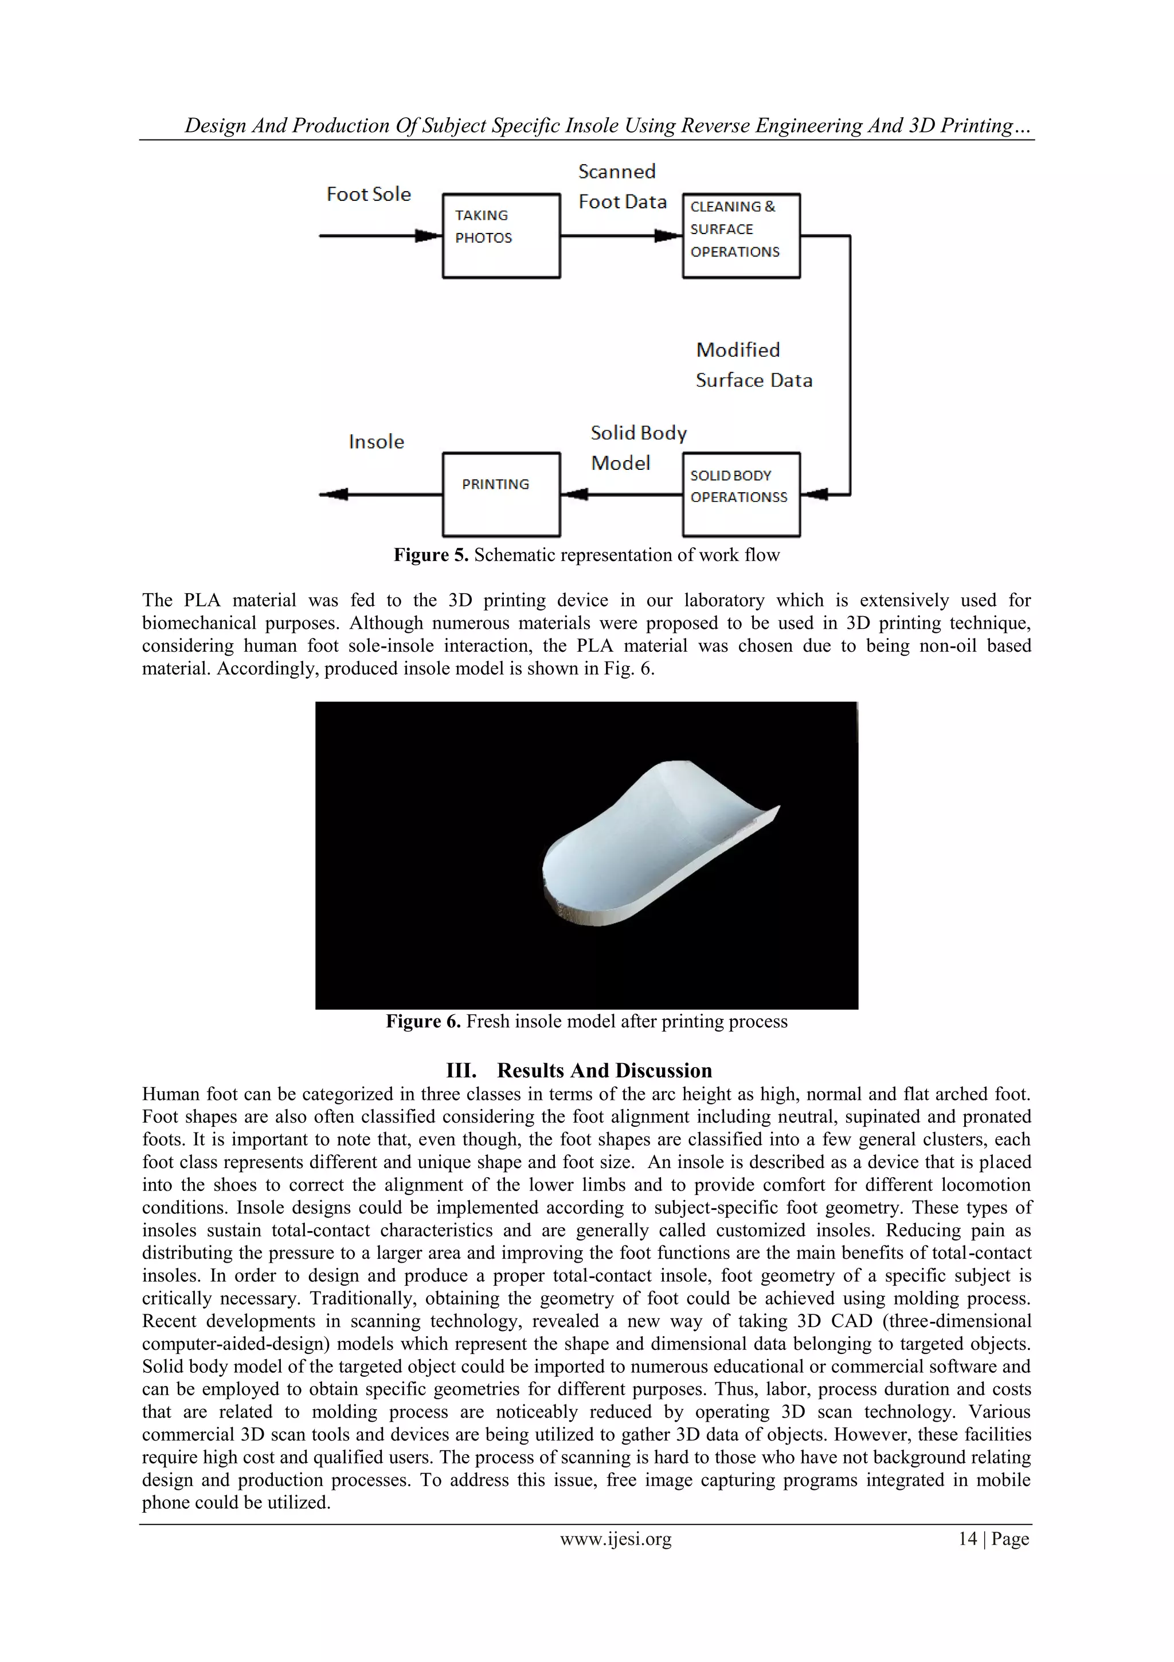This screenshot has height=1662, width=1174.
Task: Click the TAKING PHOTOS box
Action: [x=500, y=235]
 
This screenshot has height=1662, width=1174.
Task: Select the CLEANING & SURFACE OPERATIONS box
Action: [x=741, y=235]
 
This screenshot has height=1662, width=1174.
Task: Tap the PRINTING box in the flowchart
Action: [x=500, y=495]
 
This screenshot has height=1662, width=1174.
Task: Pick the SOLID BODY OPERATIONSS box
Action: [x=741, y=495]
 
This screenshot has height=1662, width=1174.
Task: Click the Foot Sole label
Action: [x=368, y=194]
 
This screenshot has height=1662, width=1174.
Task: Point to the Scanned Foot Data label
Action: [x=621, y=187]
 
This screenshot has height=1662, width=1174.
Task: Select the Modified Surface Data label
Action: [x=753, y=365]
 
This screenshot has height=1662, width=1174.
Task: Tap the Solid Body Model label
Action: [x=637, y=447]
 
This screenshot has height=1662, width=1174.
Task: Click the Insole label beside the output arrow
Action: [x=375, y=442]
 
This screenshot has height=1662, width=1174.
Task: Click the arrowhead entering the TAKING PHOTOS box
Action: [x=428, y=235]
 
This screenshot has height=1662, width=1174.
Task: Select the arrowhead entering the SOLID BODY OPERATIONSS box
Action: [x=815, y=495]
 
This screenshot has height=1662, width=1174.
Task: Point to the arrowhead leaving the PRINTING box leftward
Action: [x=334, y=495]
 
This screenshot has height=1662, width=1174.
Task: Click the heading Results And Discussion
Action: [x=604, y=1071]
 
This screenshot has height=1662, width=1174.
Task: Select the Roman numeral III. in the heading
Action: [x=461, y=1071]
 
